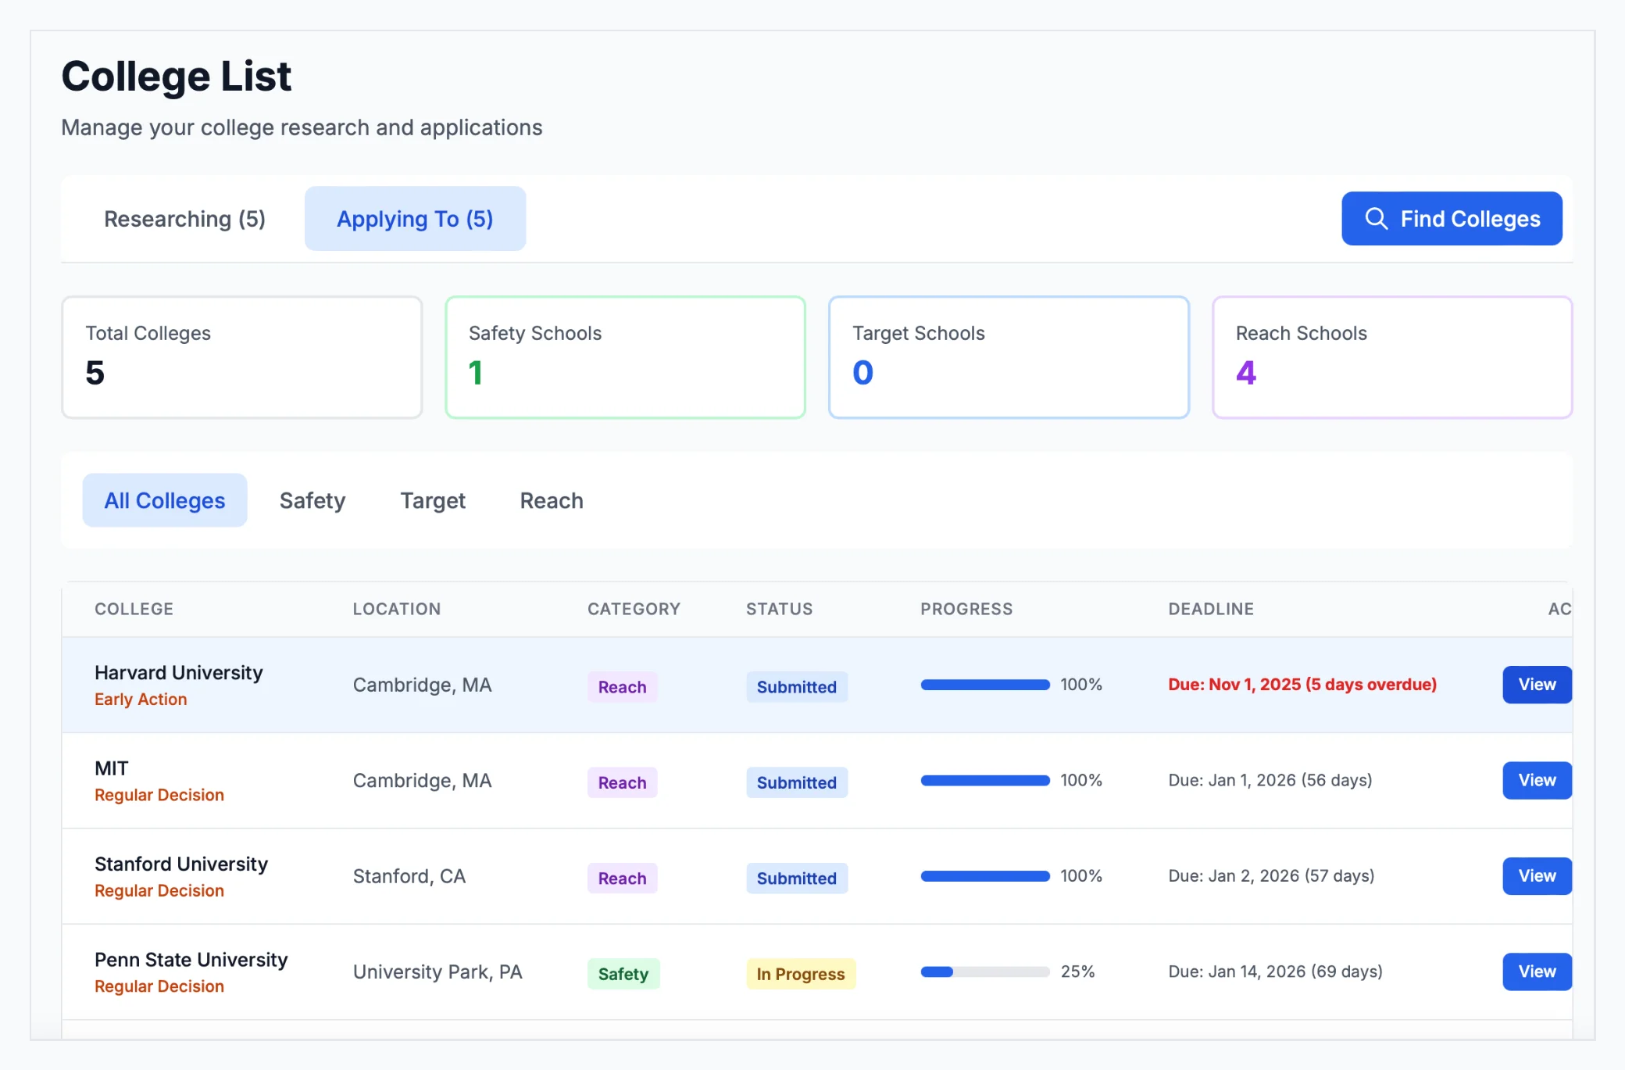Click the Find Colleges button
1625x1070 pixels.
coord(1452,219)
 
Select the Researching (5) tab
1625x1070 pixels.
coord(184,219)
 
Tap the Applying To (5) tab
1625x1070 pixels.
coord(415,219)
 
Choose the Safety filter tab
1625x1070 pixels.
coord(312,500)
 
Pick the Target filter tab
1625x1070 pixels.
coord(433,500)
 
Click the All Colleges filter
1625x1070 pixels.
coord(165,500)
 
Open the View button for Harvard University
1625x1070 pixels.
coord(1536,685)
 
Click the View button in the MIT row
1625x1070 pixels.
coord(1536,780)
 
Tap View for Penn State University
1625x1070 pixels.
coord(1536,972)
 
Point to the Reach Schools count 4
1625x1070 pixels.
coord(1246,373)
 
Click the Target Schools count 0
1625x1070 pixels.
coord(862,373)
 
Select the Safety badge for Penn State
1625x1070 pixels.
coord(623,974)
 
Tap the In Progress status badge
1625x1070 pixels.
coord(801,974)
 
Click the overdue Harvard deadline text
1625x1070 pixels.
coord(1302,685)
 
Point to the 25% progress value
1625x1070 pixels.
coord(1077,972)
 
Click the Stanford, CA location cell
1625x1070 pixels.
coord(409,876)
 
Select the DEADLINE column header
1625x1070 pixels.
coord(1211,609)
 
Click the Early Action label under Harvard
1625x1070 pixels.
coord(141,700)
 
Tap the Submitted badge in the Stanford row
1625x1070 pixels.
coord(797,879)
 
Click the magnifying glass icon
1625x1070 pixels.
coord(1377,219)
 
